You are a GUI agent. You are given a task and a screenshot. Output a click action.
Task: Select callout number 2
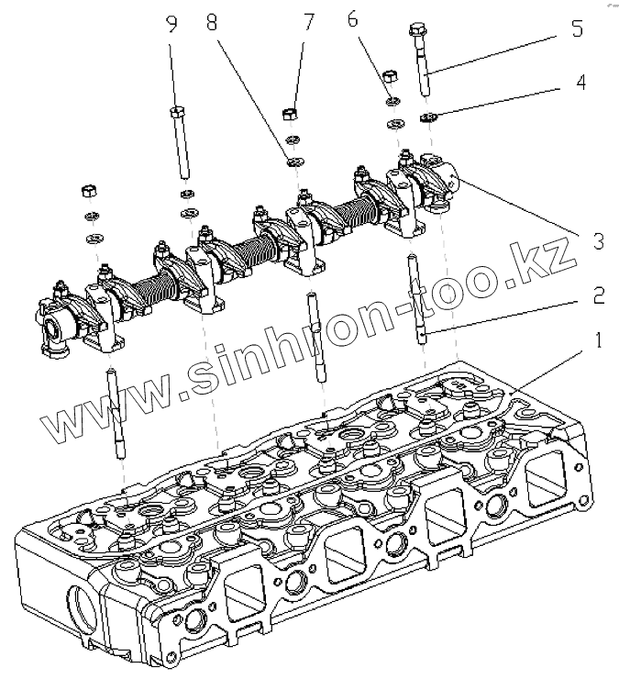(597, 295)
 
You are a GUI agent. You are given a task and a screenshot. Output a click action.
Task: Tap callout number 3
(597, 241)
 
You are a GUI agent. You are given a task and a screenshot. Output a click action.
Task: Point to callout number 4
(579, 83)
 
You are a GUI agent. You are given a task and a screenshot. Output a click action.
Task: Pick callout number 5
(575, 29)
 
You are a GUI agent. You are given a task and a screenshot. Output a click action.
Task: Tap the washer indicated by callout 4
(427, 116)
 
